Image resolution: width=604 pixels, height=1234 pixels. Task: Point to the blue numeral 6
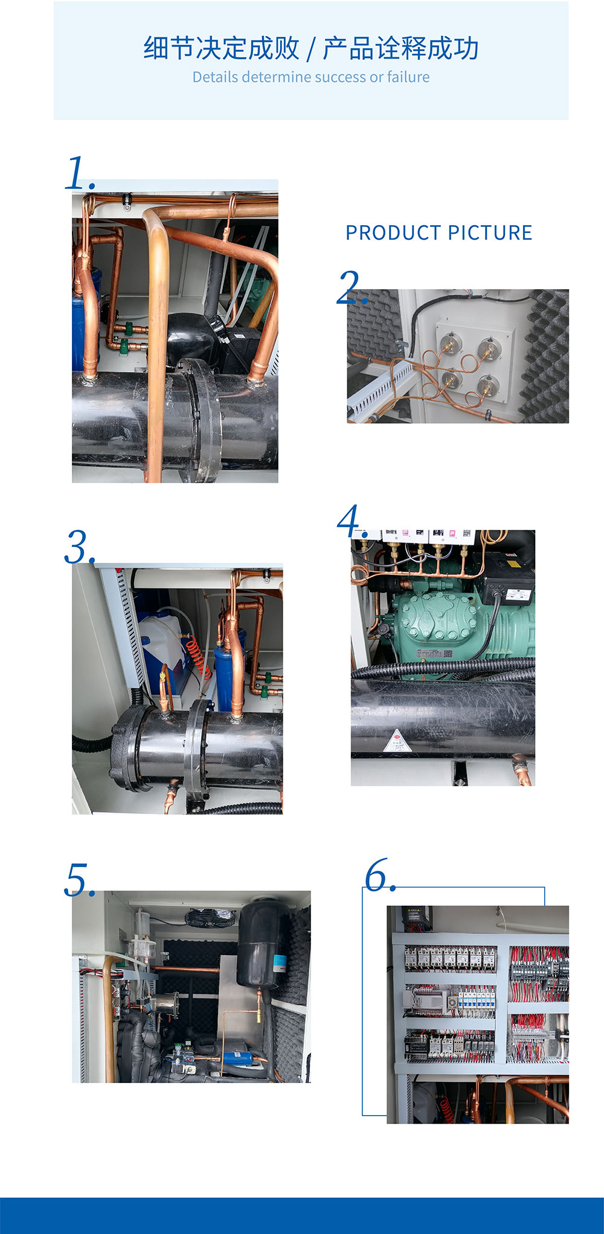click(378, 875)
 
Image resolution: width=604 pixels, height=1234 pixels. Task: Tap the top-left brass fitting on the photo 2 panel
click(448, 343)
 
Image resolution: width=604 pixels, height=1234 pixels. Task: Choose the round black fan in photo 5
click(210, 918)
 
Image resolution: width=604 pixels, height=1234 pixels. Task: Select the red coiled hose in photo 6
click(447, 1108)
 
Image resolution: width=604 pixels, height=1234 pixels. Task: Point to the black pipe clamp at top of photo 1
click(127, 200)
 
